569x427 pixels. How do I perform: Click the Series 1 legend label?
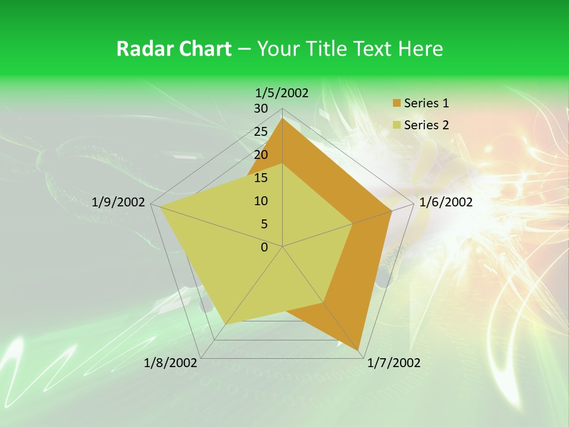(x=426, y=103)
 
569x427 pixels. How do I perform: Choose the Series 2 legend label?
(x=426, y=125)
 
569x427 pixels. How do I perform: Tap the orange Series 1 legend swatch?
(x=397, y=104)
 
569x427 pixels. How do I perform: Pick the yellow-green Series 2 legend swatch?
(x=397, y=126)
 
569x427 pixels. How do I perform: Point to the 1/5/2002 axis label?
(x=282, y=93)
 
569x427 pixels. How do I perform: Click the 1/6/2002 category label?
(x=446, y=202)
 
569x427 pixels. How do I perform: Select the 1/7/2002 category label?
(x=394, y=363)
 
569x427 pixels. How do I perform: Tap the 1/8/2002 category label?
(x=171, y=363)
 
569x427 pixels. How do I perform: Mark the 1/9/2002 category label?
(x=119, y=202)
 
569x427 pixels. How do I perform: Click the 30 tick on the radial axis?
(x=261, y=109)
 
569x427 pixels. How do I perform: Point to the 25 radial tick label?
(x=261, y=132)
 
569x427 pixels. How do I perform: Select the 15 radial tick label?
(x=261, y=178)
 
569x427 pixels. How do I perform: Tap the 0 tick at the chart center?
(x=264, y=247)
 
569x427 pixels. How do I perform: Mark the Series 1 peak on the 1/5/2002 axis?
(x=282, y=119)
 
